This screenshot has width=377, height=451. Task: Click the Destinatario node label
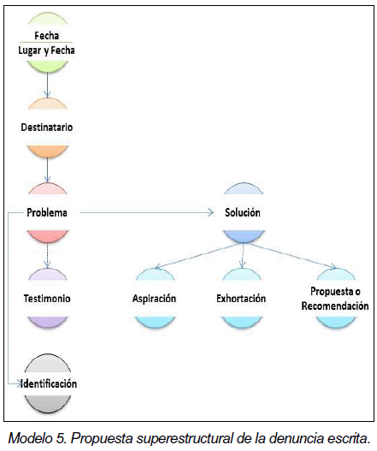tap(46, 128)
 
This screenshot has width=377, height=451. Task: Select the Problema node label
tap(47, 212)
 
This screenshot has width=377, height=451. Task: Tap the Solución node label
tap(243, 212)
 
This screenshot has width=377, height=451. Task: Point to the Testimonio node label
tap(47, 299)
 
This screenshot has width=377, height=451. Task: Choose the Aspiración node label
tap(155, 299)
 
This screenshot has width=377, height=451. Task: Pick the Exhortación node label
tap(241, 299)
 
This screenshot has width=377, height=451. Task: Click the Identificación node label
tap(49, 383)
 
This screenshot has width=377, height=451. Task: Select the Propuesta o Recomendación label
tap(335, 299)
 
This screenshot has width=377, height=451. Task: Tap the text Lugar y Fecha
tap(46, 50)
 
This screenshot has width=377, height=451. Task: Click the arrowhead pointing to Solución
tap(211, 212)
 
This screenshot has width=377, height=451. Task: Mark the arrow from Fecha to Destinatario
tap(47, 85)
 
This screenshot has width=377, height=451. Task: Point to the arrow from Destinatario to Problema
tap(47, 170)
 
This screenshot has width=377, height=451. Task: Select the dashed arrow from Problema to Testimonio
tap(47, 256)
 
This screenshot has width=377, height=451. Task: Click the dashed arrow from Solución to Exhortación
tap(243, 256)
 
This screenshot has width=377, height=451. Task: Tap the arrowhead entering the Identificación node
tap(20, 383)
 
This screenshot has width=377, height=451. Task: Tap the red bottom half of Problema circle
tap(48, 235)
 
